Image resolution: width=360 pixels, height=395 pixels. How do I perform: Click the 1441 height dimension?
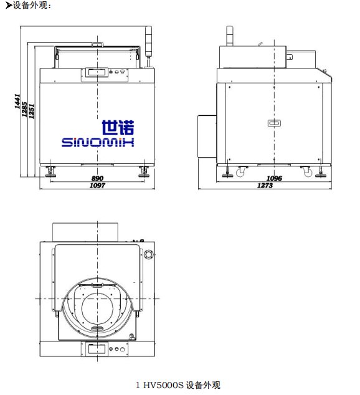pos(17,102)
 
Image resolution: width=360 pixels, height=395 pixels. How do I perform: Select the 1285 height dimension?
pos(24,109)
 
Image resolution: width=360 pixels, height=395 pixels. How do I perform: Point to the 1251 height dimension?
pos(31,111)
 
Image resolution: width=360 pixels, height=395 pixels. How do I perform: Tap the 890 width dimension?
pos(97,178)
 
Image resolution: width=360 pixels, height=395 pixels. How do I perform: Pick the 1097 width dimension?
pos(97,186)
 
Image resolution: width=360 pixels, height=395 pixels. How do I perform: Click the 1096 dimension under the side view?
pos(274,178)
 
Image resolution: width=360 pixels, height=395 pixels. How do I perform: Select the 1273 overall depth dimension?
pos(265,186)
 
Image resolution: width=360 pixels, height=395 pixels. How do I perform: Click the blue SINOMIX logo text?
pos(98,142)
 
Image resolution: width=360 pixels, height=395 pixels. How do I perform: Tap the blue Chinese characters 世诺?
pos(118,128)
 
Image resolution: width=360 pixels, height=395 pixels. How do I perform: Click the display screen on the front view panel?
pos(97,72)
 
